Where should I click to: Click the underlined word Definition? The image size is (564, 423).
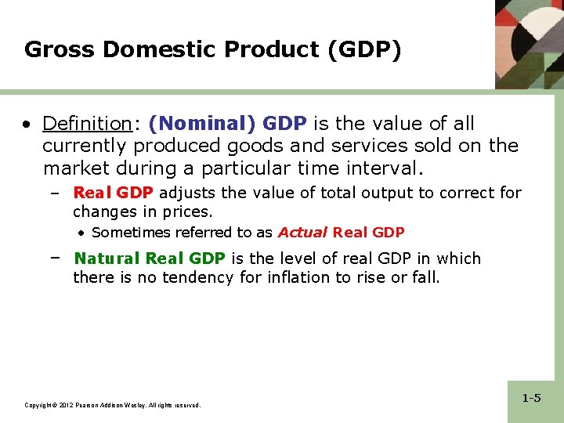pyautogui.click(x=86, y=124)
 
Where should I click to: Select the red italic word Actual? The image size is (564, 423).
pyautogui.click(x=302, y=233)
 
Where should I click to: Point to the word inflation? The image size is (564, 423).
pyautogui.click(x=295, y=277)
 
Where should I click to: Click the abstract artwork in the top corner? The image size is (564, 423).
pyautogui.click(x=530, y=43)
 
